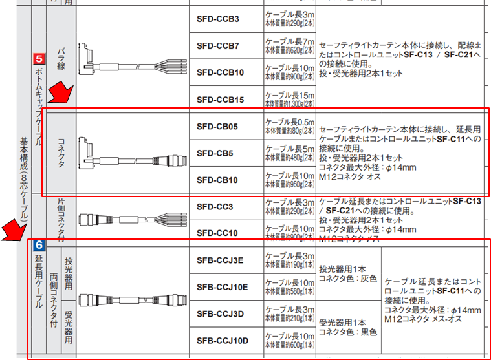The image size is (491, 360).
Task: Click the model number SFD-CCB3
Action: click(217, 19)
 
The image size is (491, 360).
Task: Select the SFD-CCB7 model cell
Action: click(217, 46)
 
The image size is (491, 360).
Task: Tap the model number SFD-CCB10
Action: click(220, 72)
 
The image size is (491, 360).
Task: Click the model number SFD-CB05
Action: click(217, 126)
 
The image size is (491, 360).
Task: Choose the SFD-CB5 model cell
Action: click(215, 153)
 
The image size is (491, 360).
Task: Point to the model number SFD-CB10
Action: click(217, 180)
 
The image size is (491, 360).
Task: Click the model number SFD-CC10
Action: click(217, 232)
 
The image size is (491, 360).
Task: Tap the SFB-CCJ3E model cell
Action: click(220, 260)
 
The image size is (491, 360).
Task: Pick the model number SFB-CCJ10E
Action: click(222, 286)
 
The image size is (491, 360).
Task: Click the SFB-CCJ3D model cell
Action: click(220, 313)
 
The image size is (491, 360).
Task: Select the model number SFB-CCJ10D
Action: click(222, 340)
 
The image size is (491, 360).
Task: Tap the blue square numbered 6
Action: click(38, 245)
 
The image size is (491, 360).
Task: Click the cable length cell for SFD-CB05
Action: click(289, 126)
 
